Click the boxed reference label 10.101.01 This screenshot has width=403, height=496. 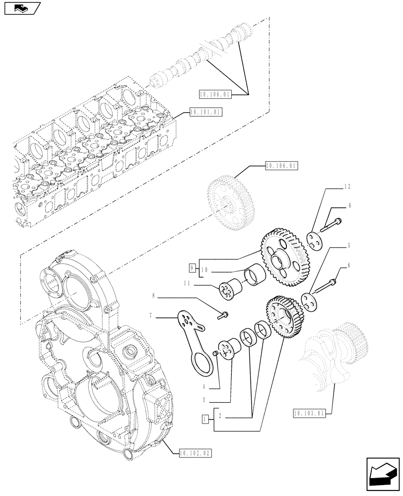(205, 112)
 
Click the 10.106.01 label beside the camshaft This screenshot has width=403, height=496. (215, 93)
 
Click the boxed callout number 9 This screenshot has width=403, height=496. (192, 268)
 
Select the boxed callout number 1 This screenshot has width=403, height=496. (204, 420)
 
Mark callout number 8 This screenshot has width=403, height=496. (153, 296)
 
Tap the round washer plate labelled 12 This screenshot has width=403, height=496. (314, 240)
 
